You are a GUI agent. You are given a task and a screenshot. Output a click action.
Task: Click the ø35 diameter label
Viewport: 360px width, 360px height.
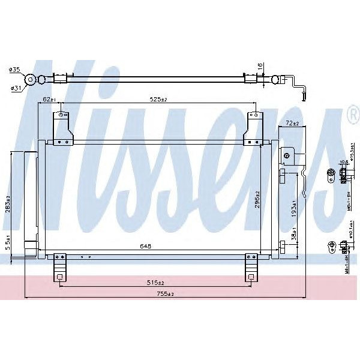point(14,70)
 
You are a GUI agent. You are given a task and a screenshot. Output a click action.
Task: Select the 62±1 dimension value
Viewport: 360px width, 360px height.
point(49,100)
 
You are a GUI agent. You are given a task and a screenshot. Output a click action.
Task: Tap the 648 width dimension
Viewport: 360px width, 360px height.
point(146,245)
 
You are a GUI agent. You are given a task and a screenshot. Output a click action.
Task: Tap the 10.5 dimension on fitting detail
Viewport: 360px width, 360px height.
point(344,162)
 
